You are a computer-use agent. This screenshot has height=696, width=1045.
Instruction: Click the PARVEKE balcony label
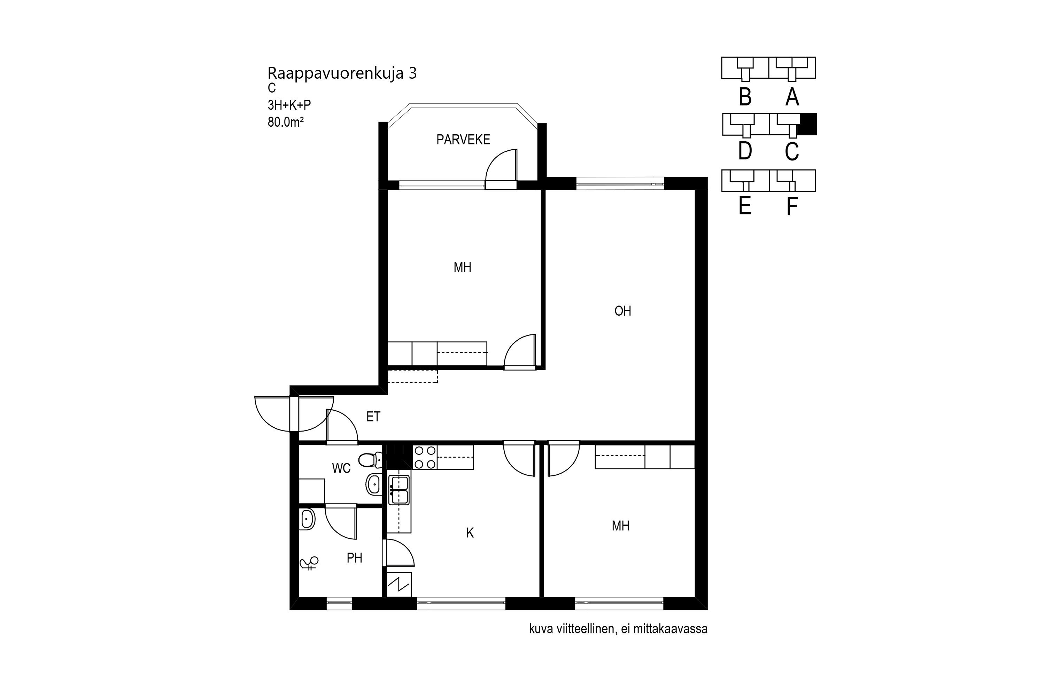(x=463, y=140)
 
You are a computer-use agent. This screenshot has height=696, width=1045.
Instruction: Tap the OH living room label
(x=622, y=311)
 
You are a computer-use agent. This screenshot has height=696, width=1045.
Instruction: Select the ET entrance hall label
(x=373, y=416)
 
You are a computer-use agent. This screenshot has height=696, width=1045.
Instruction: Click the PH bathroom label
(x=354, y=558)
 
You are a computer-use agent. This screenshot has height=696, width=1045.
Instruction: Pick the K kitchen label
(x=470, y=533)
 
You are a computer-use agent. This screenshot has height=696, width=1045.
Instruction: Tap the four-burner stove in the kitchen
(x=425, y=457)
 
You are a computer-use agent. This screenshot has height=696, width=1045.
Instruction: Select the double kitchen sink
(x=399, y=490)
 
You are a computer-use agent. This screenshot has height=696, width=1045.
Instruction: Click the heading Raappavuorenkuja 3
(x=342, y=73)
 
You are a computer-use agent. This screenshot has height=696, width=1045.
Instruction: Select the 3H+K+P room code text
(x=289, y=105)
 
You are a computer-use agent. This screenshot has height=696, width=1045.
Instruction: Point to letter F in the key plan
(x=791, y=206)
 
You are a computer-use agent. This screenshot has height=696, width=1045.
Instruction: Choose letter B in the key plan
(x=745, y=97)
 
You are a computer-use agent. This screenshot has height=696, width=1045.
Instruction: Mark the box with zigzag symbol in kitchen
(x=399, y=585)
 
